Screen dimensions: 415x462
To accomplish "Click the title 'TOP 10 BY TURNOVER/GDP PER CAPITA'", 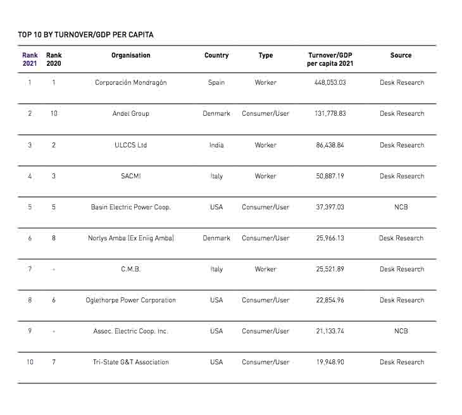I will coord(85,35).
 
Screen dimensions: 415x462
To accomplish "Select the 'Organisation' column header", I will coord(131,56).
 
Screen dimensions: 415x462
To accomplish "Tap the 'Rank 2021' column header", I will coord(30,59).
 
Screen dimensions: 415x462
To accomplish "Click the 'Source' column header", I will coord(401,56).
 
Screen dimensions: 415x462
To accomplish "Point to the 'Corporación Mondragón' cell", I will coord(131,83).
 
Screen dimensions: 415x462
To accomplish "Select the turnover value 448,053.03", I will coord(330,83).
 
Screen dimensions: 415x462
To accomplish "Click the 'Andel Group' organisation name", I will coord(131,114).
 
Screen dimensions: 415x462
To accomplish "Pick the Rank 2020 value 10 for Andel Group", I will coord(54,114).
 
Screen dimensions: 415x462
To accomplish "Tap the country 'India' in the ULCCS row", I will coord(216,146).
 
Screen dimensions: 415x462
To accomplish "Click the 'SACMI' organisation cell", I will coord(131,177).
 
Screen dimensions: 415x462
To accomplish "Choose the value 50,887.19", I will coord(330,177).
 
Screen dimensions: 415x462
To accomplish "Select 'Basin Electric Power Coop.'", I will coord(131,207).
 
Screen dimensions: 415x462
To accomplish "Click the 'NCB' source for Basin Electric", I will coord(401,207).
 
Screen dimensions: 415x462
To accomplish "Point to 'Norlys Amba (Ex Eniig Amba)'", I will coord(131,238).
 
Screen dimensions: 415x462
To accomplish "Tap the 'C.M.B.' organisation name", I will coord(131,269).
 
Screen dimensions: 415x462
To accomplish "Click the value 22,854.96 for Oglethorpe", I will coord(330,300).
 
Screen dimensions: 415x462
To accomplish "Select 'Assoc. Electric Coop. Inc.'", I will coord(131,331).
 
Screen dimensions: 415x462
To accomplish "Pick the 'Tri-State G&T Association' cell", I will coord(131,362).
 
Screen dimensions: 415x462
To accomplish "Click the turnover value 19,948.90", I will coord(330,362).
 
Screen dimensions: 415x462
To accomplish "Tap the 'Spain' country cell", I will coord(216,83).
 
